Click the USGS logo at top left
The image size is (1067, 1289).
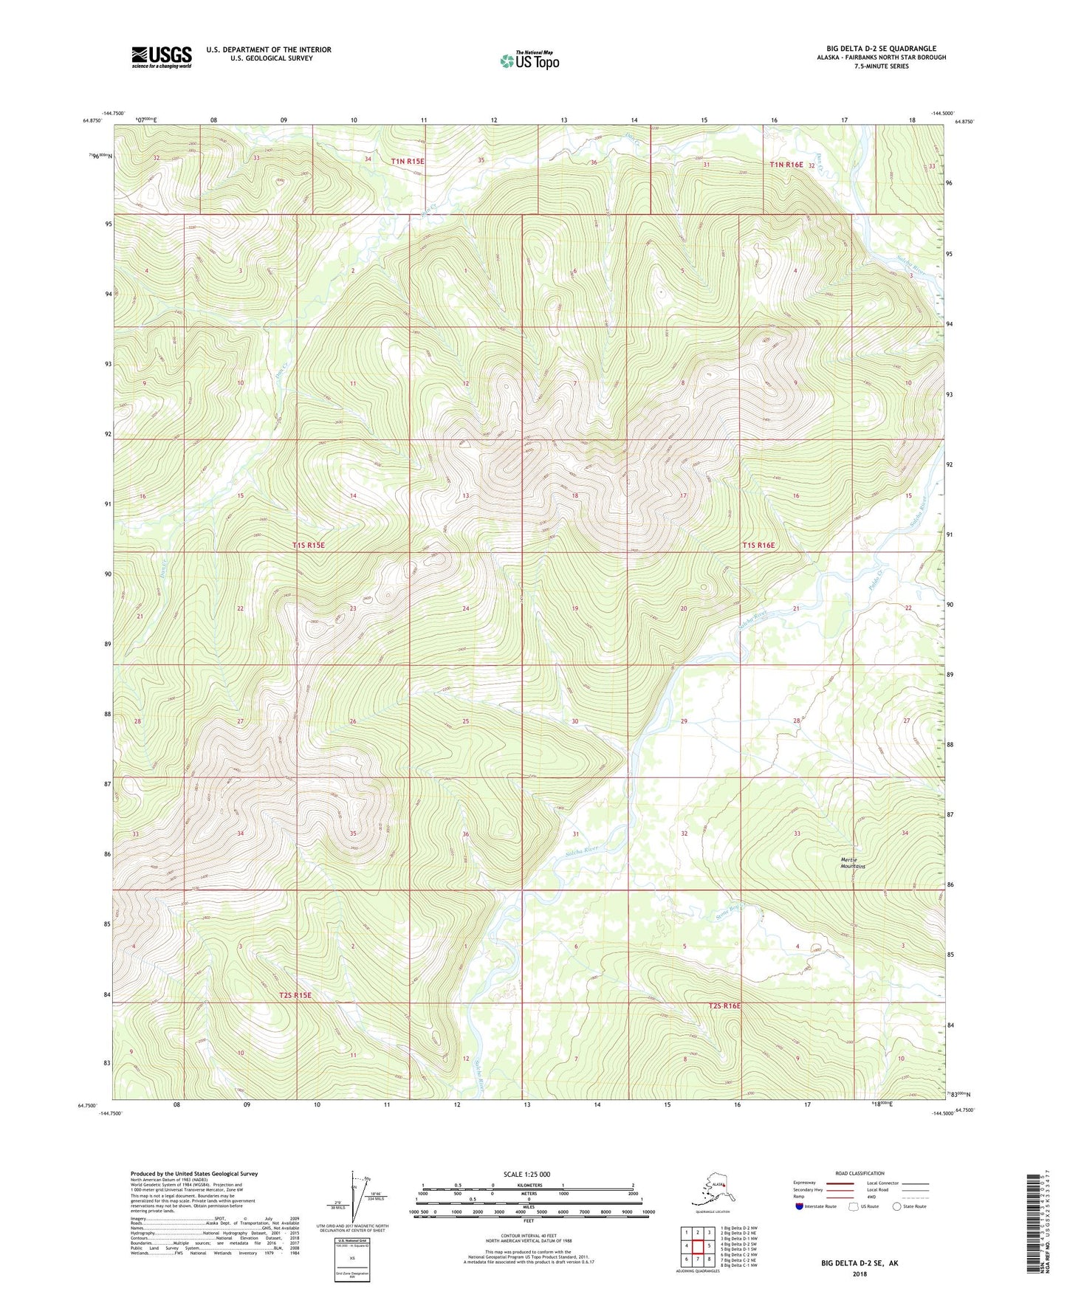[161, 57]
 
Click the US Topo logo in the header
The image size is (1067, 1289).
[529, 61]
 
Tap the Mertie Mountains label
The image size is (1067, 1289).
[853, 862]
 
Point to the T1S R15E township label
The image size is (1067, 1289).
[309, 545]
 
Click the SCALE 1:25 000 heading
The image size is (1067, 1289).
[527, 1174]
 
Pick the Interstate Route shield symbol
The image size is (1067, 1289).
[800, 1206]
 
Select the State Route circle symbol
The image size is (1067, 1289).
[897, 1206]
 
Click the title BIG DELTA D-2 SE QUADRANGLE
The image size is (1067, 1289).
[881, 49]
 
